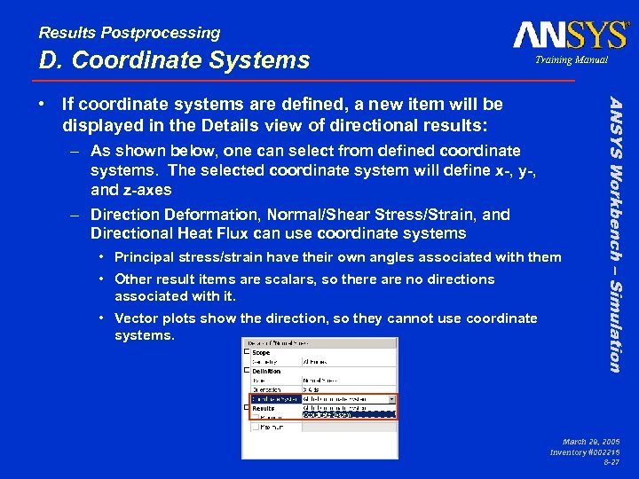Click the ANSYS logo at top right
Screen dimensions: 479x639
(x=570, y=35)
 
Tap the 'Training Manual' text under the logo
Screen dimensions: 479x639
(x=571, y=59)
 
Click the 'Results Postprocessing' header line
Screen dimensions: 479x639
(x=130, y=33)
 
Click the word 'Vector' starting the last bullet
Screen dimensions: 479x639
(x=135, y=318)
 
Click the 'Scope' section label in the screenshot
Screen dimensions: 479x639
(x=263, y=351)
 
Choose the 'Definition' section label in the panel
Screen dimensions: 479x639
(x=268, y=371)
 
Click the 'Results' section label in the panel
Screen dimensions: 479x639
(x=264, y=408)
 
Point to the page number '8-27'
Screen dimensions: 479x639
(x=611, y=462)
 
